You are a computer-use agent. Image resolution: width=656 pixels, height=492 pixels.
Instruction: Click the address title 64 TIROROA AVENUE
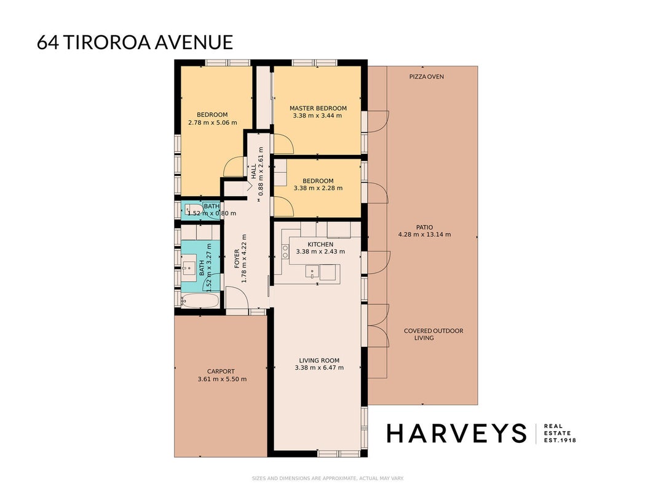click(x=135, y=42)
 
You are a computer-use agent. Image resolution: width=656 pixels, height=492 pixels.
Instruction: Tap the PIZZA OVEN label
click(x=426, y=76)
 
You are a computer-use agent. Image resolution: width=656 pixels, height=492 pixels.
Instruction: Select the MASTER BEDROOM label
click(x=318, y=108)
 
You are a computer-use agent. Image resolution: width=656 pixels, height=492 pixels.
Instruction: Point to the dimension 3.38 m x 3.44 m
click(x=317, y=116)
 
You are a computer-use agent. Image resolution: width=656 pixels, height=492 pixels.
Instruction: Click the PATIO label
click(x=425, y=227)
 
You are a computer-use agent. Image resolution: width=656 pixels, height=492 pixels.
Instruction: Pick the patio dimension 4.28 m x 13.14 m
click(x=425, y=234)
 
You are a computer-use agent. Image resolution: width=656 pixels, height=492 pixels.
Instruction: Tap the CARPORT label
click(x=221, y=371)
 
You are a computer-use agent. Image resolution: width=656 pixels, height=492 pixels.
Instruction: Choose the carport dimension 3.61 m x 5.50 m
click(x=222, y=379)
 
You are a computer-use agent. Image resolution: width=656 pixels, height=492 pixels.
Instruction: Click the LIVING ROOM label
click(x=319, y=360)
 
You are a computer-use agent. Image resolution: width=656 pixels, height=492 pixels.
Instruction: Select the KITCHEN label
click(x=320, y=244)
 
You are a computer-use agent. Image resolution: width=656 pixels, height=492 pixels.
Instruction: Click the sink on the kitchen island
click(x=312, y=271)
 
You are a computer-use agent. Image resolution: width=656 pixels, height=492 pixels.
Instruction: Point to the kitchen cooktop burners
click(x=285, y=252)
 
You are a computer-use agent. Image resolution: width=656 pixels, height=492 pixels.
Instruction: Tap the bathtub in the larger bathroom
click(x=200, y=300)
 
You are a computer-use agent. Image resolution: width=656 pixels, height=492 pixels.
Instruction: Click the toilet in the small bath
click(x=192, y=209)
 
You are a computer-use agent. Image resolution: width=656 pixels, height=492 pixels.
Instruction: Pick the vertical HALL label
click(x=253, y=171)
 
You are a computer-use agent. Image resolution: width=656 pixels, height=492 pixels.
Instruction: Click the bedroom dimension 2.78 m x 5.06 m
click(x=213, y=122)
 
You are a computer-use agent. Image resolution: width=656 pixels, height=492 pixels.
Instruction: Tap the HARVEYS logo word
click(x=456, y=434)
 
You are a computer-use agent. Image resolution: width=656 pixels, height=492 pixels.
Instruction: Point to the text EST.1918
click(x=559, y=440)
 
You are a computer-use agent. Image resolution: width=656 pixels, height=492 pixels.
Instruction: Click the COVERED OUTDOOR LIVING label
click(x=433, y=335)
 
